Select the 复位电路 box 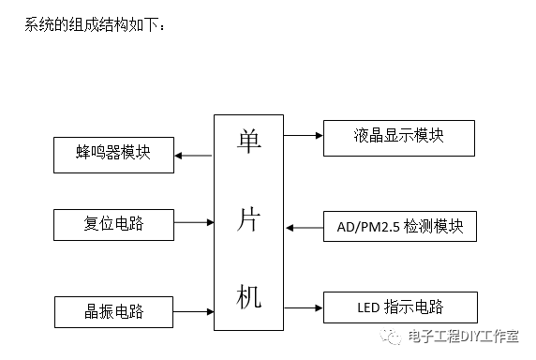(x=113, y=223)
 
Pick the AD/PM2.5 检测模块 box (x=400, y=227)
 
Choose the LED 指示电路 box (x=400, y=307)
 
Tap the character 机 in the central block (x=248, y=296)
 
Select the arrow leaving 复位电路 (x=194, y=223)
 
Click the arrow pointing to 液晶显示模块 (x=303, y=136)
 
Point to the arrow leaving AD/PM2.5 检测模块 (x=303, y=227)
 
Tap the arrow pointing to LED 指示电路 (x=303, y=307)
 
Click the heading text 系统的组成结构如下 (x=96, y=23)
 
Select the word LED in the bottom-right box (x=369, y=307)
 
